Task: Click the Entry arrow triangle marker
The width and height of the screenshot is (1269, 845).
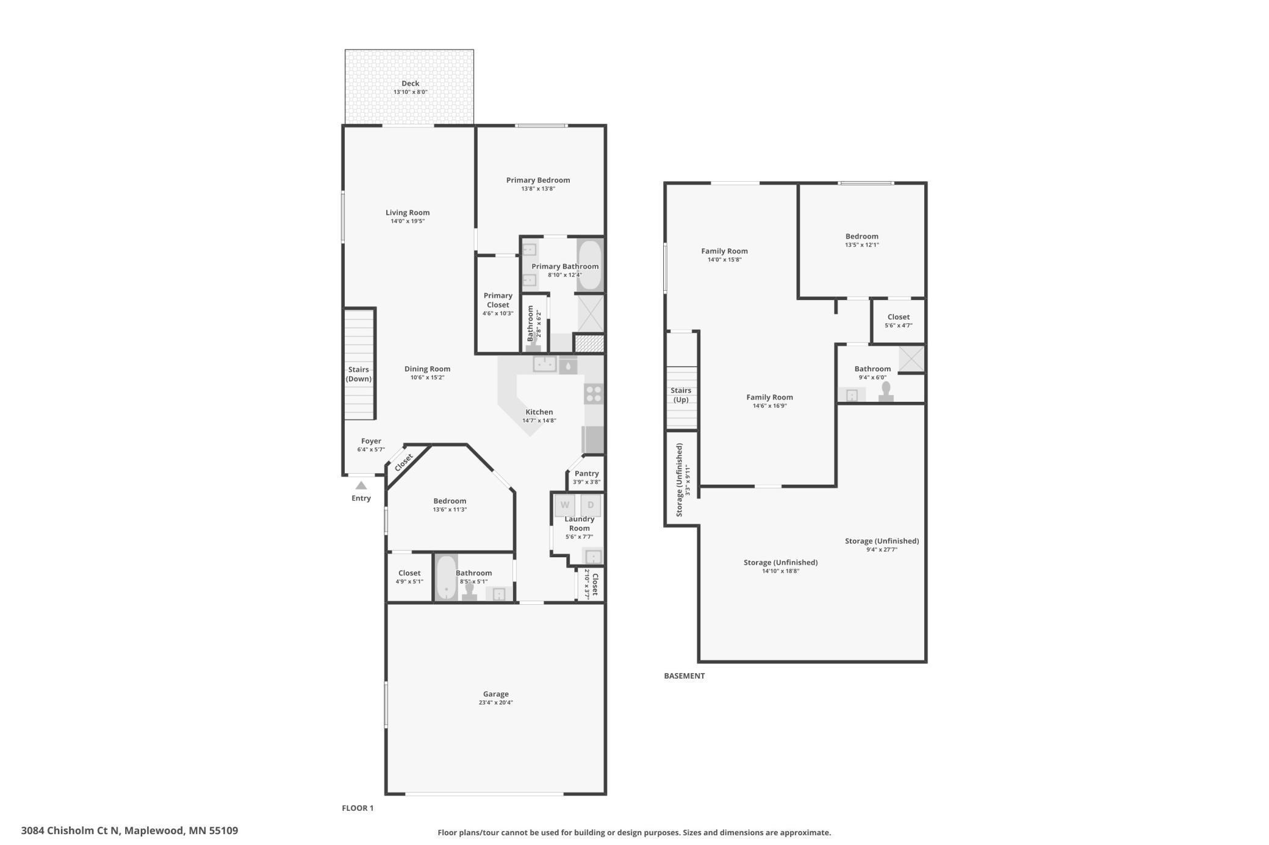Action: point(361,485)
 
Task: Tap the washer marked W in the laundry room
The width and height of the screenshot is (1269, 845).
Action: point(565,505)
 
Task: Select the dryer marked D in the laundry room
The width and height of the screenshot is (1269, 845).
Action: point(591,505)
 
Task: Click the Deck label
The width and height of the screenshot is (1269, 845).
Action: point(411,84)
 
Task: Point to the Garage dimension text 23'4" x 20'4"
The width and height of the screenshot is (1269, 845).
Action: point(496,703)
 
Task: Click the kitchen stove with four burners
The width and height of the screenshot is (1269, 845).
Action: point(594,394)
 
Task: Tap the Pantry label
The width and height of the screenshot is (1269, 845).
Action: point(586,474)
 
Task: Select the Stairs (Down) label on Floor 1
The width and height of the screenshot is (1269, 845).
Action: point(359,374)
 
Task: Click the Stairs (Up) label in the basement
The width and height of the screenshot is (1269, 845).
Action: point(681,395)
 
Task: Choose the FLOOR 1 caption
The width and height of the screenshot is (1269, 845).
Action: point(358,808)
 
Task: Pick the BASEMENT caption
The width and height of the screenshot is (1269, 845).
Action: point(685,676)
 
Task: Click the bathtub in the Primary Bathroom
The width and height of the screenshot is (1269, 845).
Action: point(589,266)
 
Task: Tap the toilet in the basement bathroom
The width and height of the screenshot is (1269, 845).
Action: point(886,391)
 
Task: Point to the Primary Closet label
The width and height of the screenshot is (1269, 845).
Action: point(498,300)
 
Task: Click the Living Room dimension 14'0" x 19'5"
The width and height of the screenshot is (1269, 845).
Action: point(408,221)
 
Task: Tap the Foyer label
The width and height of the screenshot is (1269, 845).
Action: point(371,441)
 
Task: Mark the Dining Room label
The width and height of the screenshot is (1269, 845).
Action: point(427,369)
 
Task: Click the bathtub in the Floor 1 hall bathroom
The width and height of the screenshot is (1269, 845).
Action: point(447,577)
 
